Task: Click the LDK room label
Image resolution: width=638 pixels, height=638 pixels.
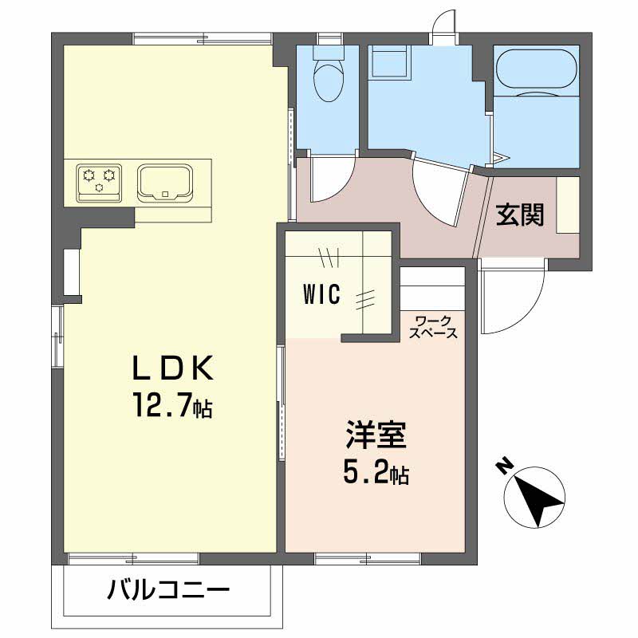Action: pos(173,368)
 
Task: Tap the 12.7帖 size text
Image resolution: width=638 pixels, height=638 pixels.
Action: pos(171,404)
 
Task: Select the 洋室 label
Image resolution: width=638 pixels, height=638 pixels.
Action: pos(376,435)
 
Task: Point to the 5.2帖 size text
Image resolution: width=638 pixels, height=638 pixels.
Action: pos(376,473)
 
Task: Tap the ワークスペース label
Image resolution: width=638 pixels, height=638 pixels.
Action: pos(433,327)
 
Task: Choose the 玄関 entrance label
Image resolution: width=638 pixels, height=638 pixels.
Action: pos(520,215)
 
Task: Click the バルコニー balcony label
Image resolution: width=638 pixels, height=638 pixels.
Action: pos(168,590)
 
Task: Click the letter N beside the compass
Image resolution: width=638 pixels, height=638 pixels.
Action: pos(505,467)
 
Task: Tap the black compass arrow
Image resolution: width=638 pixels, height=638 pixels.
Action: pos(537,500)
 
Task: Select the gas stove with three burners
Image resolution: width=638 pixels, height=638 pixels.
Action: pos(99,183)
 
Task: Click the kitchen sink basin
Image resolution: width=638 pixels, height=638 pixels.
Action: pos(165,183)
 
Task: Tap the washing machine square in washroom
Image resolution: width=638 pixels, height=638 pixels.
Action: pos(389,61)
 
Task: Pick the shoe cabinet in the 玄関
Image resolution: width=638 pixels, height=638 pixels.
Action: pos(568,205)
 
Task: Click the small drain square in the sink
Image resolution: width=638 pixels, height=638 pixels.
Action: pos(165,194)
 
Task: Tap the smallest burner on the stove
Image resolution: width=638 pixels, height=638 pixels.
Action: pos(99,187)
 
